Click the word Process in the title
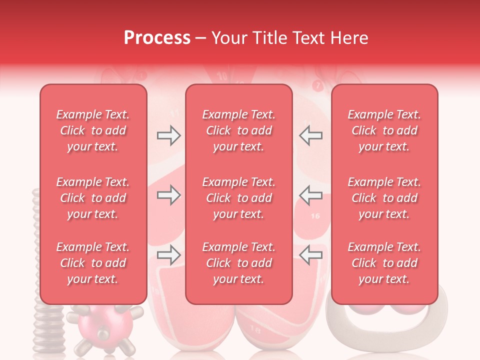(157, 38)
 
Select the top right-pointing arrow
(168, 135)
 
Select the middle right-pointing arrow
(168, 195)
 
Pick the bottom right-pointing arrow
(168, 255)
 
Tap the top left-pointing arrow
(311, 135)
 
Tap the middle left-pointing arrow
(311, 195)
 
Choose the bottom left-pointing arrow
(311, 255)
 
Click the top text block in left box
(93, 130)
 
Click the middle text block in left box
(93, 198)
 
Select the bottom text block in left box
(93, 263)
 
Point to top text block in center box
(238, 130)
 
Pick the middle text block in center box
(238, 198)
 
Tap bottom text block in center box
(238, 263)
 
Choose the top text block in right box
(384, 130)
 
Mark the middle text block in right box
(384, 198)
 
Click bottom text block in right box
(384, 263)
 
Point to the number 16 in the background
(315, 216)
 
